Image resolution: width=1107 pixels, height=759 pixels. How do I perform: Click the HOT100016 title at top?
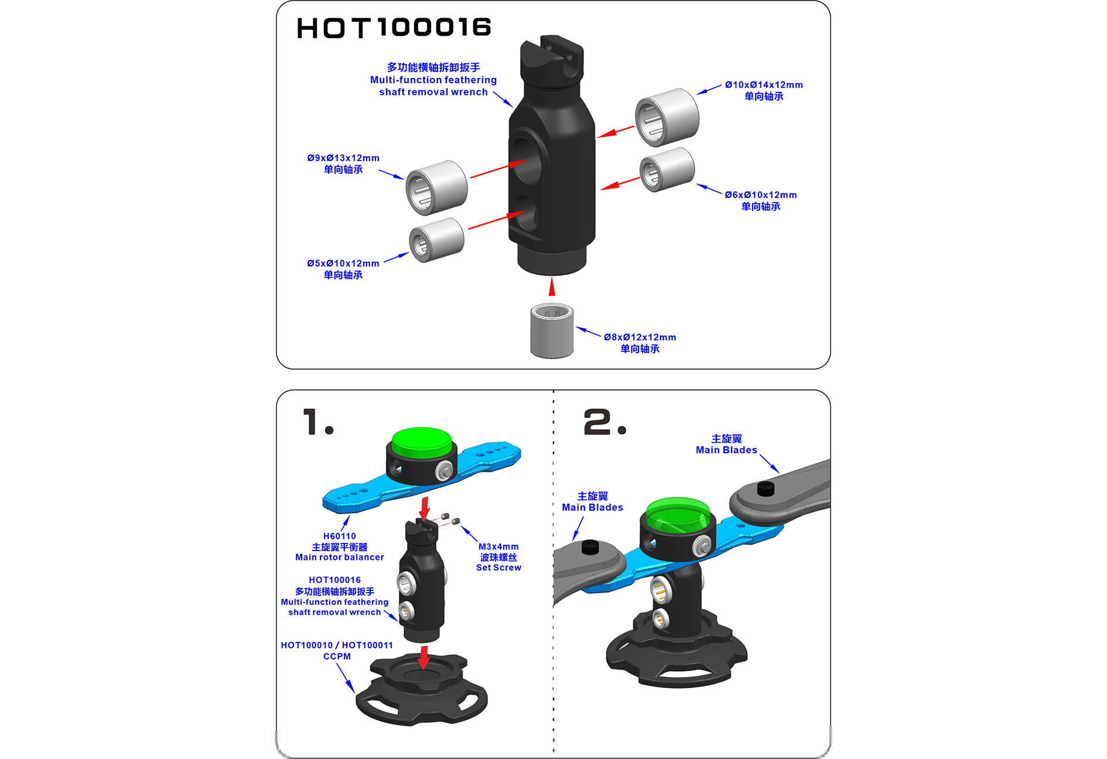394,28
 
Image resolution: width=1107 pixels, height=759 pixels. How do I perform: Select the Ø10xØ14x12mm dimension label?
764,85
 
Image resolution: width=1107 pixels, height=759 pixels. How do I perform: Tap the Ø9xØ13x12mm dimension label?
343,158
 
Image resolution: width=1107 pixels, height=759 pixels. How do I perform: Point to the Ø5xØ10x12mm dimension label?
343,264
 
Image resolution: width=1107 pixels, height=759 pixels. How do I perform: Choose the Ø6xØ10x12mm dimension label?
761,195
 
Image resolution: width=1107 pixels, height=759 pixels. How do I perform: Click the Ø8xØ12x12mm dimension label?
640,337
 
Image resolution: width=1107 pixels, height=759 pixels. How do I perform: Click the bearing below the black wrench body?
552,330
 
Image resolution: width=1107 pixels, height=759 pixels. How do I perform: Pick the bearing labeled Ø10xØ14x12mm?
667,117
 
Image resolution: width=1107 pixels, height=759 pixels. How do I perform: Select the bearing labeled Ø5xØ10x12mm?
436,240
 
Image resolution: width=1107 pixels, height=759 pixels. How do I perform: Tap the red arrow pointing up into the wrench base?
552,286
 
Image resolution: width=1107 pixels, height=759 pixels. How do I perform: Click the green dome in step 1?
421,442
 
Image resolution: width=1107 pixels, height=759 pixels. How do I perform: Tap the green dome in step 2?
678,515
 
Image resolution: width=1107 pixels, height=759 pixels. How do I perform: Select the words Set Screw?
498,567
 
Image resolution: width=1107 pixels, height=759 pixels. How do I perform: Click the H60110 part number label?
340,536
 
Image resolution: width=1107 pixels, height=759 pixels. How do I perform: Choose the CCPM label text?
337,657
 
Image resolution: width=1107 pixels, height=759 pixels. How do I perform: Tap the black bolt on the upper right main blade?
766,488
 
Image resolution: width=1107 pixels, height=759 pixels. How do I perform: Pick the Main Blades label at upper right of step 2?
726,450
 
